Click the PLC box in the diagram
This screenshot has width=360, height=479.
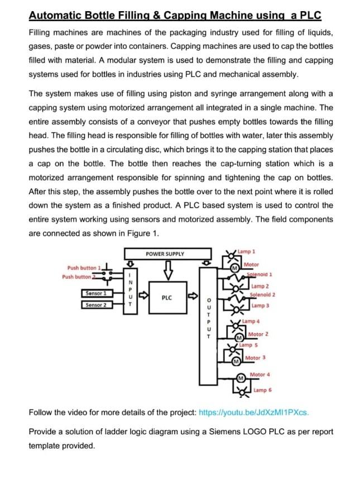pos(166,298)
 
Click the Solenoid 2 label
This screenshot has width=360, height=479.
pos(262,294)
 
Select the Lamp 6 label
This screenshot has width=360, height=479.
pos(262,390)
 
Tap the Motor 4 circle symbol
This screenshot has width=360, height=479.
pos(241,379)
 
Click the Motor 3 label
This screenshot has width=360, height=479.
pos(255,358)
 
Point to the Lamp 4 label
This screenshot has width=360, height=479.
pos(250,322)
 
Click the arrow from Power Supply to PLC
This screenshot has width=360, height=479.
pos(166,272)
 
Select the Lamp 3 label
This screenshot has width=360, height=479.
pos(260,306)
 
